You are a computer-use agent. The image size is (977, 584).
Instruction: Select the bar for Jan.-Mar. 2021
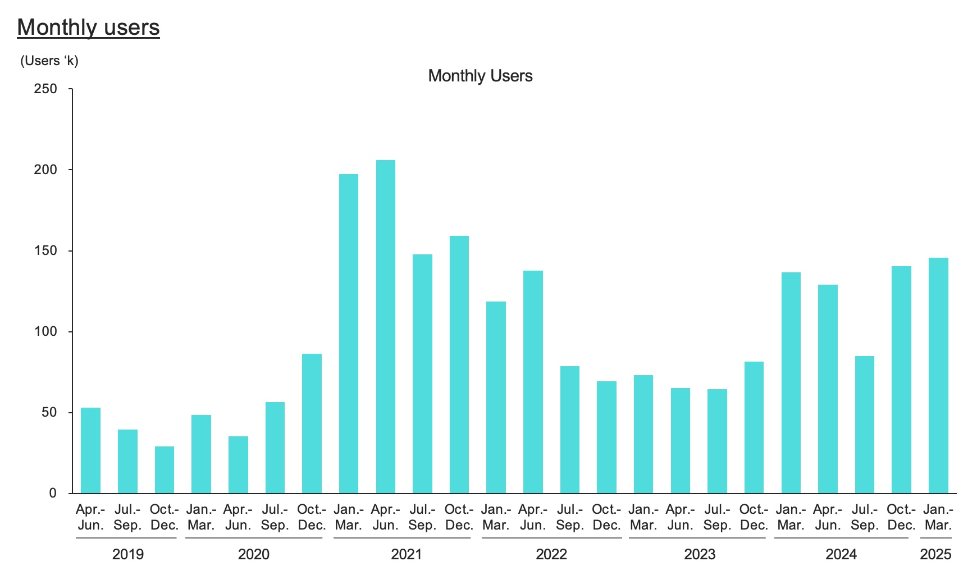(x=349, y=334)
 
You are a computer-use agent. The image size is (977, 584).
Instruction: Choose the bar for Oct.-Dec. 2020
(x=312, y=423)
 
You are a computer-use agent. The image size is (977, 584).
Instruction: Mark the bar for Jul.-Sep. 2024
(x=864, y=425)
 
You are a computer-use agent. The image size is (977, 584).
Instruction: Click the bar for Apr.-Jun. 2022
(x=533, y=382)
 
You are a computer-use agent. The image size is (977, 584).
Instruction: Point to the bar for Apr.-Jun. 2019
(x=90, y=450)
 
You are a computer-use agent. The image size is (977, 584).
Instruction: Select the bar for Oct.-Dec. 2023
(x=754, y=427)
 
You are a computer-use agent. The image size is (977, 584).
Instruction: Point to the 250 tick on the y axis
(x=46, y=89)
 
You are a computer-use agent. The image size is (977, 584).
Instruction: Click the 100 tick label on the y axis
(x=46, y=331)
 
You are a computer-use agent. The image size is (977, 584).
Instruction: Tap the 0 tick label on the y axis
(x=53, y=493)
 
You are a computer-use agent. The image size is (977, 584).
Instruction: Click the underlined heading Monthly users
(x=88, y=27)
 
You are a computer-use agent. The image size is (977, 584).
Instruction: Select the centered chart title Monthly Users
(x=480, y=76)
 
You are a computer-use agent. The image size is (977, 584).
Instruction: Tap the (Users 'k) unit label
(x=49, y=61)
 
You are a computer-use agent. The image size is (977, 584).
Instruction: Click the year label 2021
(x=406, y=554)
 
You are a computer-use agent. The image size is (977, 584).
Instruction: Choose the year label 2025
(x=935, y=554)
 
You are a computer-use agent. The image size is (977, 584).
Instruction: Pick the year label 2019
(x=128, y=554)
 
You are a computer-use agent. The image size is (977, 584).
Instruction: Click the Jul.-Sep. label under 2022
(x=569, y=517)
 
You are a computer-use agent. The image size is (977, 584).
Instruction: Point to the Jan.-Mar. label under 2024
(x=791, y=517)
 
